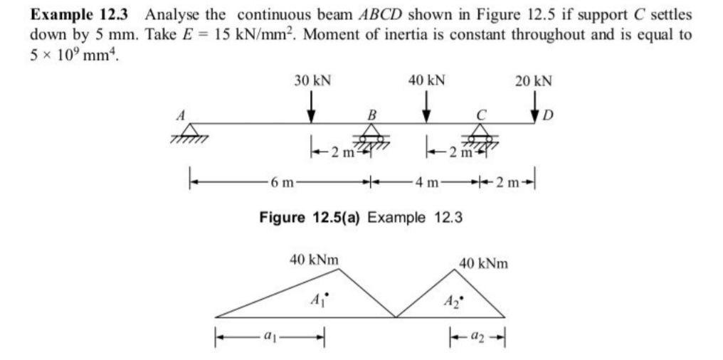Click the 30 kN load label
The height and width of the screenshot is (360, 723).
(312, 80)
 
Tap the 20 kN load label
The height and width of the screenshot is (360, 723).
(534, 80)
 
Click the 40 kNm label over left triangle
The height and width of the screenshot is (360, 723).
(314, 260)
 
